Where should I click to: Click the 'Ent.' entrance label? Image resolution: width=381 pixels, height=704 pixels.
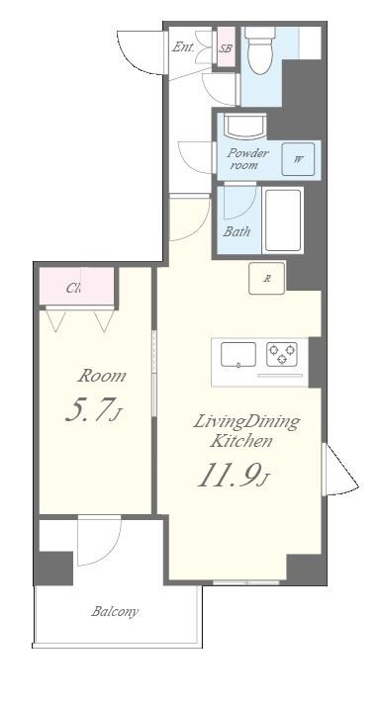(183, 46)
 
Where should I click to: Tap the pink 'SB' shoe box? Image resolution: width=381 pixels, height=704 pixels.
(226, 47)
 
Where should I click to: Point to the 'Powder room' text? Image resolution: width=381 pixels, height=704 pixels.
(248, 159)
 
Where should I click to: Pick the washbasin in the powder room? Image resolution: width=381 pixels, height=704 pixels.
(242, 128)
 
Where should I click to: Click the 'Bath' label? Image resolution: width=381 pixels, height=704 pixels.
(237, 232)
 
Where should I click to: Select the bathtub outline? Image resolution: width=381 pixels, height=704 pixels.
(283, 220)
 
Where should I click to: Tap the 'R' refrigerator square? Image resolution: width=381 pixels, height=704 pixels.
(267, 279)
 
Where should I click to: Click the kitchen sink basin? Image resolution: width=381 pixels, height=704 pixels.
(238, 354)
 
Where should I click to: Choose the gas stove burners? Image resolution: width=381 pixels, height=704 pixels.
(283, 354)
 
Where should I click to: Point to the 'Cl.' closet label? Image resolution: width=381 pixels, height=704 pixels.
(74, 289)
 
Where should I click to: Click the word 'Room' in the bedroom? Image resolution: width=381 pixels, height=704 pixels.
(103, 376)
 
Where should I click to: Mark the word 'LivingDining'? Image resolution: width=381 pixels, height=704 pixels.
(245, 422)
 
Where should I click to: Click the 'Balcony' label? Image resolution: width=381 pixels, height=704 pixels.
(115, 612)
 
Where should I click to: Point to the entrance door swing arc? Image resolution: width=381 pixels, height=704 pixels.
(139, 51)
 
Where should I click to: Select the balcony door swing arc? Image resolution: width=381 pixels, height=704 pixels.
(99, 539)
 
